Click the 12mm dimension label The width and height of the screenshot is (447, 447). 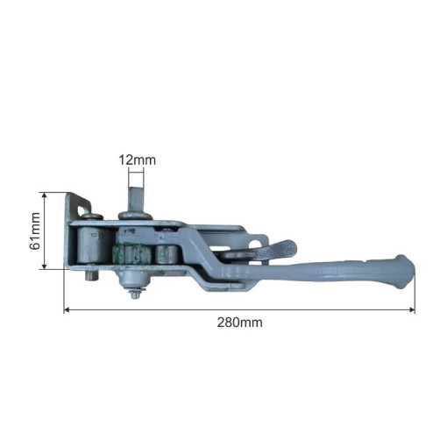point(137,160)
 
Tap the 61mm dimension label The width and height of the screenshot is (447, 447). point(35,231)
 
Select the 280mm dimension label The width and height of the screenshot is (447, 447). point(239,323)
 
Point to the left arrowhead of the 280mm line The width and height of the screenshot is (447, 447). point(67,309)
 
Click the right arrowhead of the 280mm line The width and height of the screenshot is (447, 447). point(412,309)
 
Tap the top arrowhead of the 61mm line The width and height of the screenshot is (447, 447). point(44,195)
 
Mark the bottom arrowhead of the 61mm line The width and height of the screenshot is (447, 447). point(44,266)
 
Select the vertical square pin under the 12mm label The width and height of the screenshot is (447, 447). point(136,199)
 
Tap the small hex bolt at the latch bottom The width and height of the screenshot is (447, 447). point(135,294)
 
